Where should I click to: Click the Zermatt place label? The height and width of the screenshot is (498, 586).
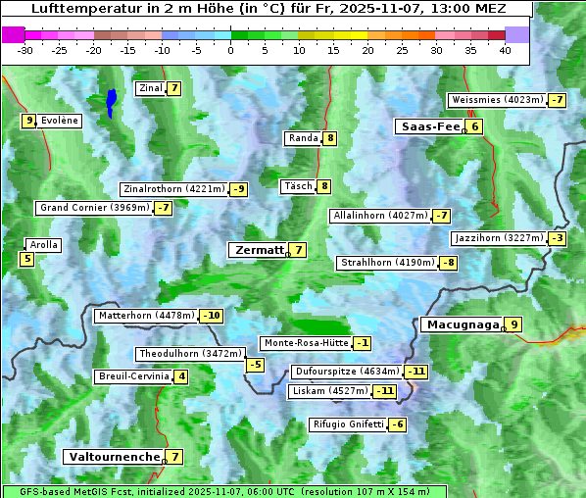click(258, 250)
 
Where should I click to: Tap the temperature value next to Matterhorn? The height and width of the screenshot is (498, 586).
click(211, 316)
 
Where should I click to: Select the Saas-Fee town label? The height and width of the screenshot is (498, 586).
click(429, 126)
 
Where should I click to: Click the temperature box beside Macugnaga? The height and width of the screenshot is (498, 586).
click(513, 324)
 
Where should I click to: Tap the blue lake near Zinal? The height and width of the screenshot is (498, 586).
click(112, 101)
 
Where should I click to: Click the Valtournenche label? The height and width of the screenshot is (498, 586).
click(113, 457)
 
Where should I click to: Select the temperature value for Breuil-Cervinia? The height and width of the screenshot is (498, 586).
click(180, 376)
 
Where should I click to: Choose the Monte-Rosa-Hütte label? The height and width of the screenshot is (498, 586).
click(305, 343)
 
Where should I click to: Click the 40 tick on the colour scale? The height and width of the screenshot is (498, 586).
click(505, 50)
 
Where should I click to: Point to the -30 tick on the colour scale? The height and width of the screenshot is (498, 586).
click(25, 50)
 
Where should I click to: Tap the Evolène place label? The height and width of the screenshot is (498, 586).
click(59, 121)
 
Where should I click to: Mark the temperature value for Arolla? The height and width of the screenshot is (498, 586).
click(26, 260)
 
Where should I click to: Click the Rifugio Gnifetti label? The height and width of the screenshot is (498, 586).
click(347, 424)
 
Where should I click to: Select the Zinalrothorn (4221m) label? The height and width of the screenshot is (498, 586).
click(173, 189)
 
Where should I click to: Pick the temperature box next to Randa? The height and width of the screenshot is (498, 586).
click(330, 138)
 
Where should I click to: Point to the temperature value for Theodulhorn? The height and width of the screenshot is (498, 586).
click(255, 365)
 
